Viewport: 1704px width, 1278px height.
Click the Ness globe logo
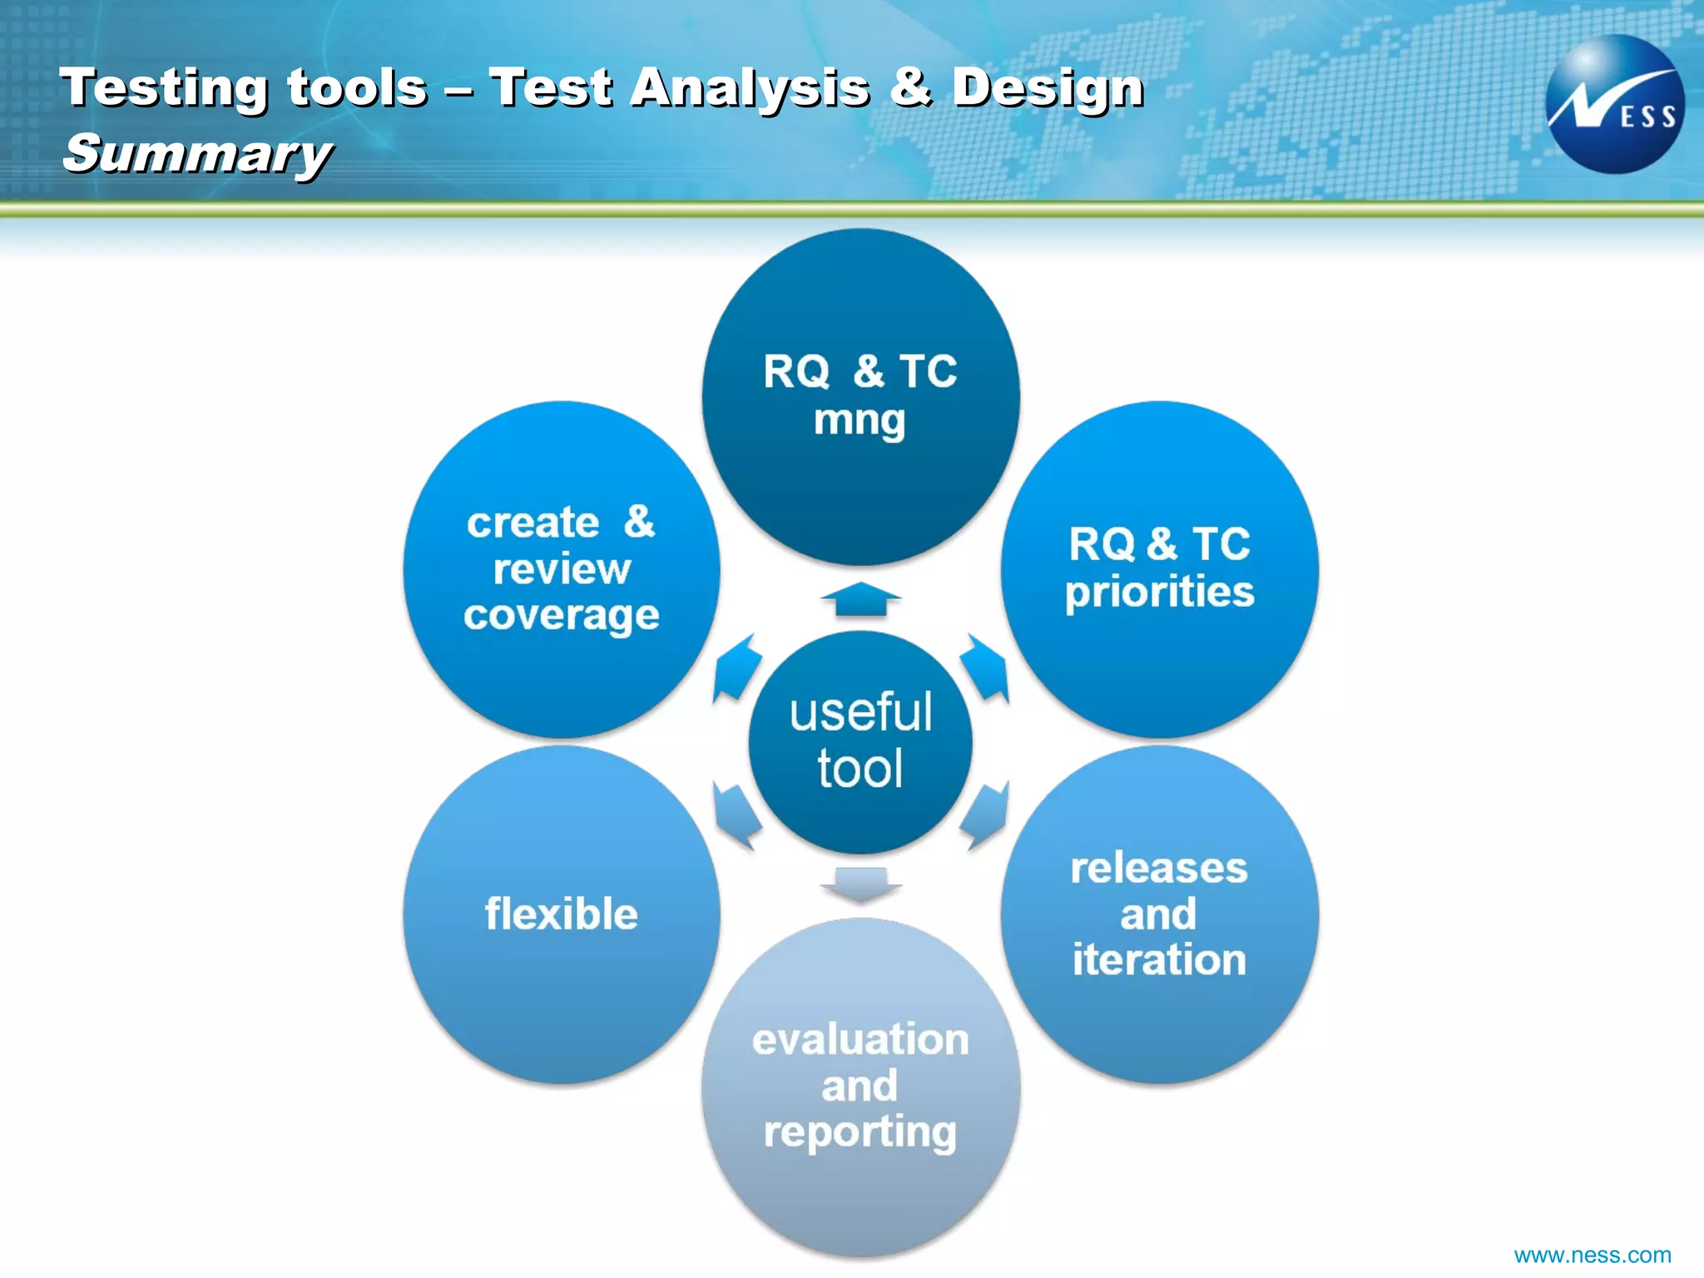click(1614, 104)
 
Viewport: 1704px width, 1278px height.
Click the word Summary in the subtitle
click(197, 154)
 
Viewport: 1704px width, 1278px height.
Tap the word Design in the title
click(1048, 87)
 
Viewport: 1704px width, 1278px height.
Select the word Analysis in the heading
click(750, 87)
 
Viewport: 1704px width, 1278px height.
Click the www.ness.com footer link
click(1592, 1255)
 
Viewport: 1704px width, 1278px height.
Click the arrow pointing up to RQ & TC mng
click(860, 600)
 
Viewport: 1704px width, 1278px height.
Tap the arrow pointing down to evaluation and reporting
click(860, 884)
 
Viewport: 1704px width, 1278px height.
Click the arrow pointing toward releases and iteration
click(985, 815)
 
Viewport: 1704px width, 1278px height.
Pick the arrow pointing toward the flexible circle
click(737, 816)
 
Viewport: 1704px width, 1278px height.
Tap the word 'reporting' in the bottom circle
click(860, 1132)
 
